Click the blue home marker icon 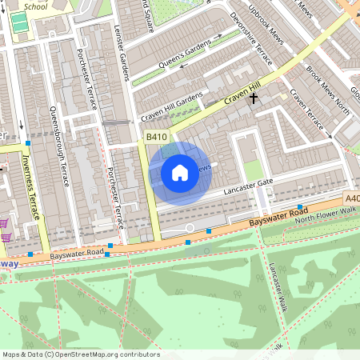[180, 172]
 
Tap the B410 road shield [156, 138]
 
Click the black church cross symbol [254, 98]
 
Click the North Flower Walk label [323, 214]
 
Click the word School [35, 6]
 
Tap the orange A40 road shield [351, 198]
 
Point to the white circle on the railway [190, 228]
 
